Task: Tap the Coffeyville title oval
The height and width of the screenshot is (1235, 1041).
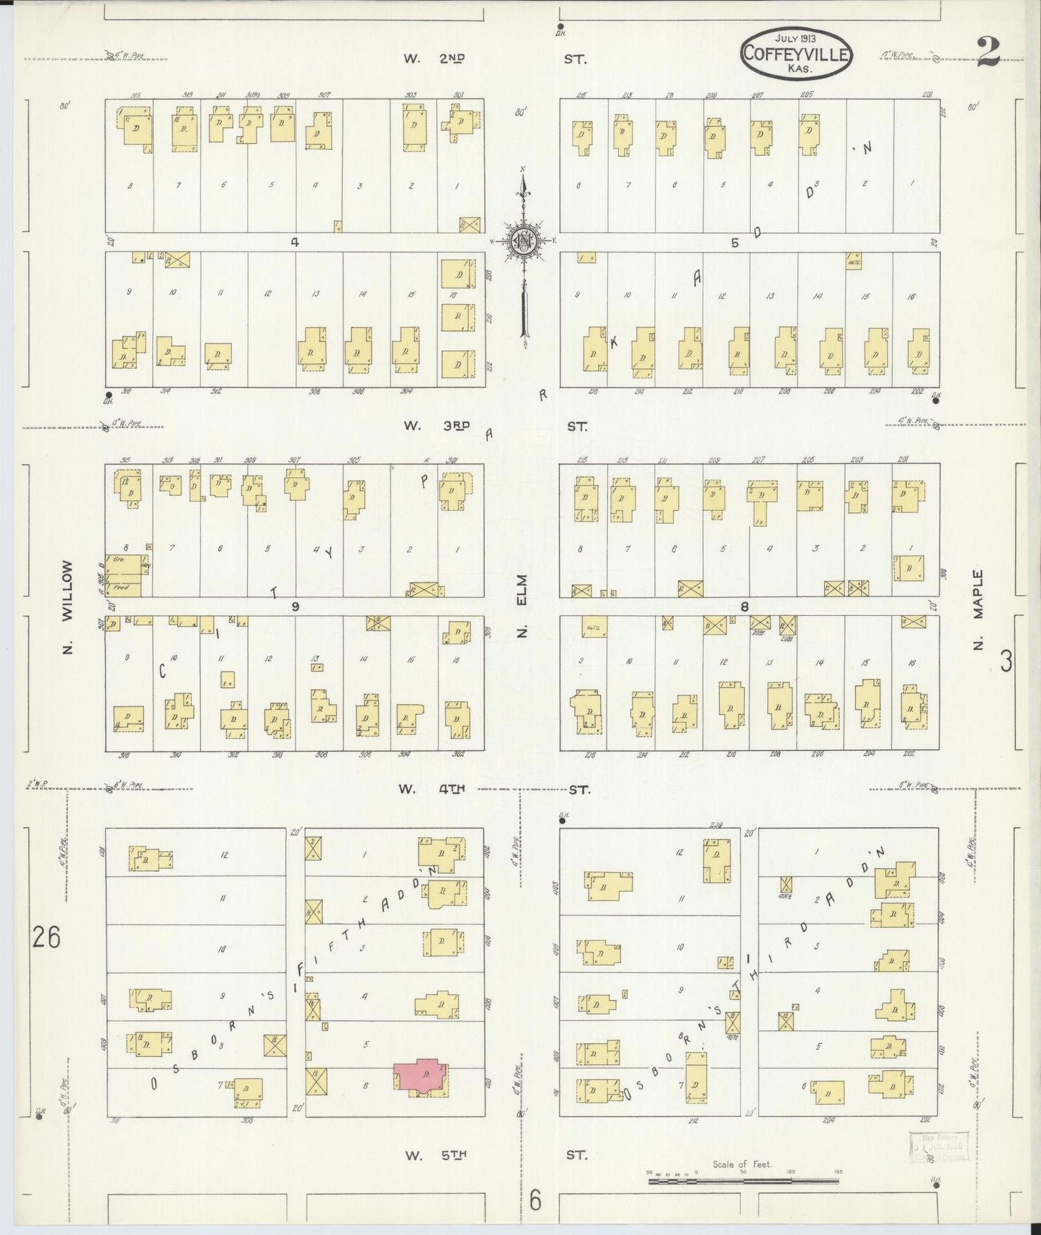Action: click(797, 53)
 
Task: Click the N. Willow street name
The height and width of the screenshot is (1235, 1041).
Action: click(68, 607)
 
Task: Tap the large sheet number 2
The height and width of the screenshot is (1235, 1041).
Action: click(988, 52)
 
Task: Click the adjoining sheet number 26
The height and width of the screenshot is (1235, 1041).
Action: click(45, 937)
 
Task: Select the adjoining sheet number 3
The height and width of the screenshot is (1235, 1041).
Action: click(1006, 661)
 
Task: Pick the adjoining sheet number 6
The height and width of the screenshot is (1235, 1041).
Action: click(535, 1200)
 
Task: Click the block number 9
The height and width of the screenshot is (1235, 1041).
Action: click(295, 606)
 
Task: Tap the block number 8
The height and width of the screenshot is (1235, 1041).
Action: click(745, 606)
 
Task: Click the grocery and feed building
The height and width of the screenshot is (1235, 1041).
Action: click(123, 575)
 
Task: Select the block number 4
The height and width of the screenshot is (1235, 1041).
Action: click(294, 243)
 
